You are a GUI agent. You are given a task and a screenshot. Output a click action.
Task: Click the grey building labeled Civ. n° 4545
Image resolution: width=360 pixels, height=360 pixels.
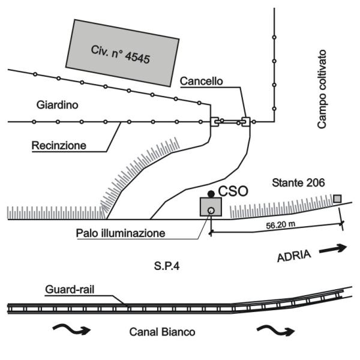click(122, 53)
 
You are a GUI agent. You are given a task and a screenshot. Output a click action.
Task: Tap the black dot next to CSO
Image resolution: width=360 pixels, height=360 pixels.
click(211, 194)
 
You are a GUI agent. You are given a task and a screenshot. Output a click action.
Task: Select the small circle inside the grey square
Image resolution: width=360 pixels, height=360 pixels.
click(211, 211)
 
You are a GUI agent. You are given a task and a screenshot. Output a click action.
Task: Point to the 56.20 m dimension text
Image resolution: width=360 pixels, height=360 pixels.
click(281, 225)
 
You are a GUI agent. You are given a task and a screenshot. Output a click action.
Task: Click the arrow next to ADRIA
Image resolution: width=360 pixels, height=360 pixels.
click(333, 249)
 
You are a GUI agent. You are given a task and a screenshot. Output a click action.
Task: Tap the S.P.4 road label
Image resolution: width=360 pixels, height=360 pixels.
click(167, 266)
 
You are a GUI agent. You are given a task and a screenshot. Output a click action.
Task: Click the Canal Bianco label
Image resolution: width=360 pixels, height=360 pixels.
click(162, 332)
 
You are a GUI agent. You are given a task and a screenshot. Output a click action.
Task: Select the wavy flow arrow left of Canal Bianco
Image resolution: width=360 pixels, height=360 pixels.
click(71, 329)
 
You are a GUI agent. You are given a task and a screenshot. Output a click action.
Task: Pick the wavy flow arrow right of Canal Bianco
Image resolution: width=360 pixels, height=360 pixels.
click(276, 330)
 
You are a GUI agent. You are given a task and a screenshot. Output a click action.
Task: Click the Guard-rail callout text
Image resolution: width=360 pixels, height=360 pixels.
click(70, 290)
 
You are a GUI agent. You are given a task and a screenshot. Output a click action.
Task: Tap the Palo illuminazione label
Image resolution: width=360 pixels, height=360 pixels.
click(121, 233)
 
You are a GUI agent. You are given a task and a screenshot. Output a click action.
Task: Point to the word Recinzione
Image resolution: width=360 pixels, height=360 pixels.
click(59, 146)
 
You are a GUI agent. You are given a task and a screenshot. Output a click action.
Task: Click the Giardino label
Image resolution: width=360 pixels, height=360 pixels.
click(58, 105)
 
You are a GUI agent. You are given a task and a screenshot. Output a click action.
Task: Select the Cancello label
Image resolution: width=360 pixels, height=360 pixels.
click(202, 81)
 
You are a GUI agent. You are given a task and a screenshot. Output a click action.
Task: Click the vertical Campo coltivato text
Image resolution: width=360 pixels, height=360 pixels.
click(322, 89)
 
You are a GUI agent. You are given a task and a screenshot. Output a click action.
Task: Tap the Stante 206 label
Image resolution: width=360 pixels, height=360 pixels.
click(298, 183)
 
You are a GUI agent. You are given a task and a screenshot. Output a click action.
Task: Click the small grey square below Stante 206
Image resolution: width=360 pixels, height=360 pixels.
click(337, 199)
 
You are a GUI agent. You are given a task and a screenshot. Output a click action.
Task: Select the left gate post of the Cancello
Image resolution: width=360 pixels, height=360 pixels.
click(215, 122)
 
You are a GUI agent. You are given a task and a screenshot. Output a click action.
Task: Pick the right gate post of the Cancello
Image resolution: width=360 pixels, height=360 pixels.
click(245, 122)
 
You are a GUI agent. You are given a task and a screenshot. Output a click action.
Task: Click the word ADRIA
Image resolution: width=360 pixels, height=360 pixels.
click(295, 256)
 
